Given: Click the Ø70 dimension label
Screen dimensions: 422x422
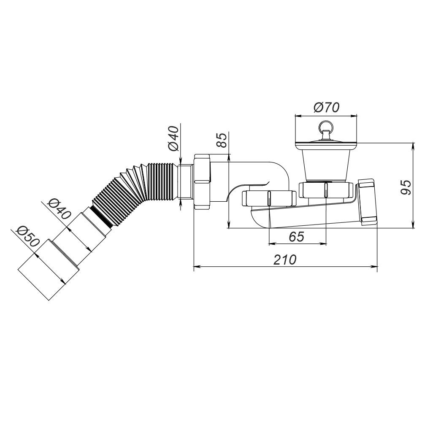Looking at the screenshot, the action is pos(327,108).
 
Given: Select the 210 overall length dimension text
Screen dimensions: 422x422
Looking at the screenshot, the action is pos(285,260).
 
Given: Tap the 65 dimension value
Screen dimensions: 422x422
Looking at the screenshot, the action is pos(297,237).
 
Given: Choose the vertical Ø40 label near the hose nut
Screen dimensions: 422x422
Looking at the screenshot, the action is pos(173,138).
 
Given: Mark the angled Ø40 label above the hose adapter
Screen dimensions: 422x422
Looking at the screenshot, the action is pos(59,209).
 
